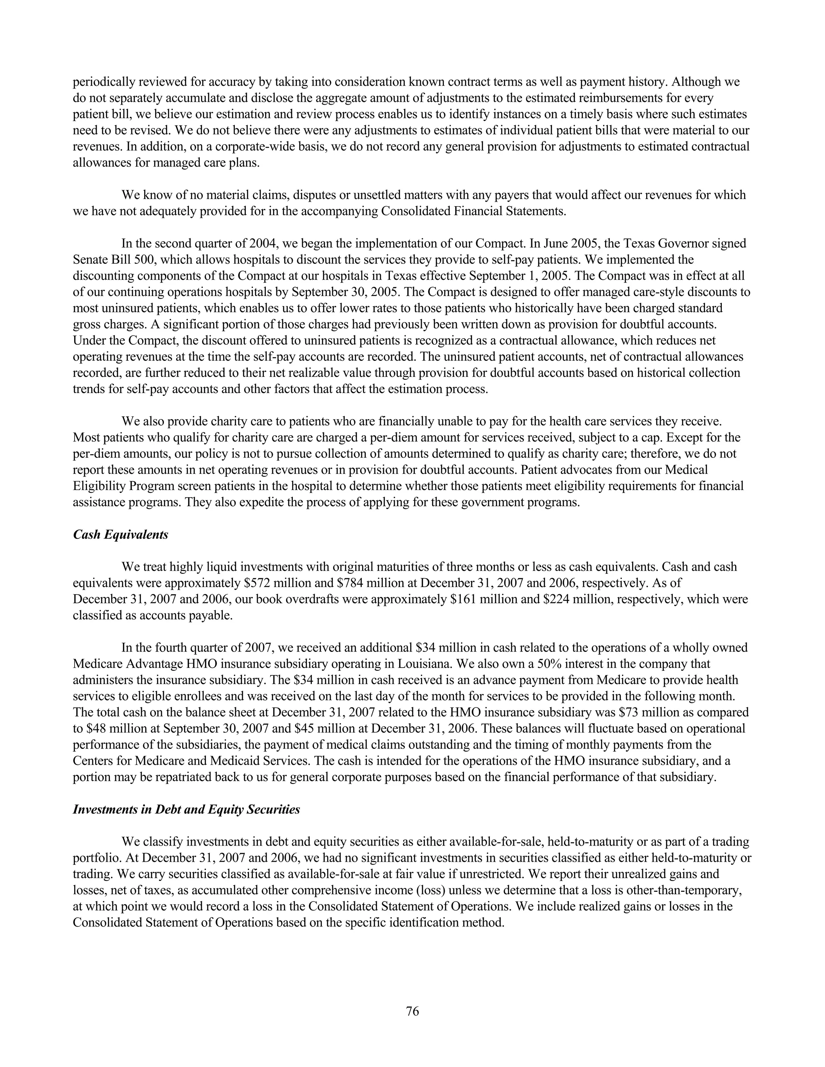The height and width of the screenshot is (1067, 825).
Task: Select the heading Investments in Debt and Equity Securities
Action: point(186,810)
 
